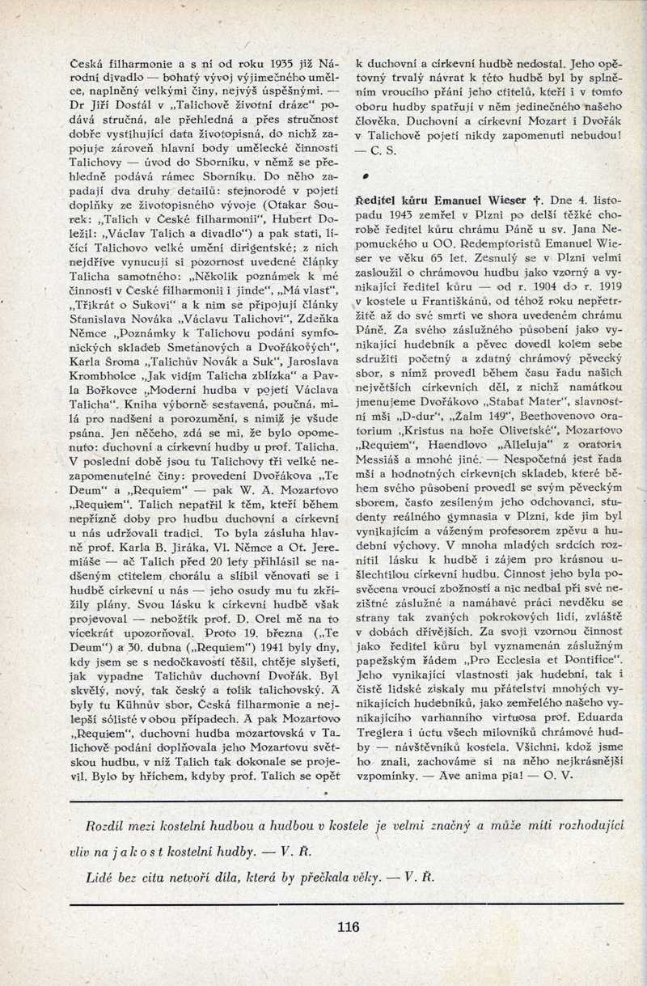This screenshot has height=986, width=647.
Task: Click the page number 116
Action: coord(349,927)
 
